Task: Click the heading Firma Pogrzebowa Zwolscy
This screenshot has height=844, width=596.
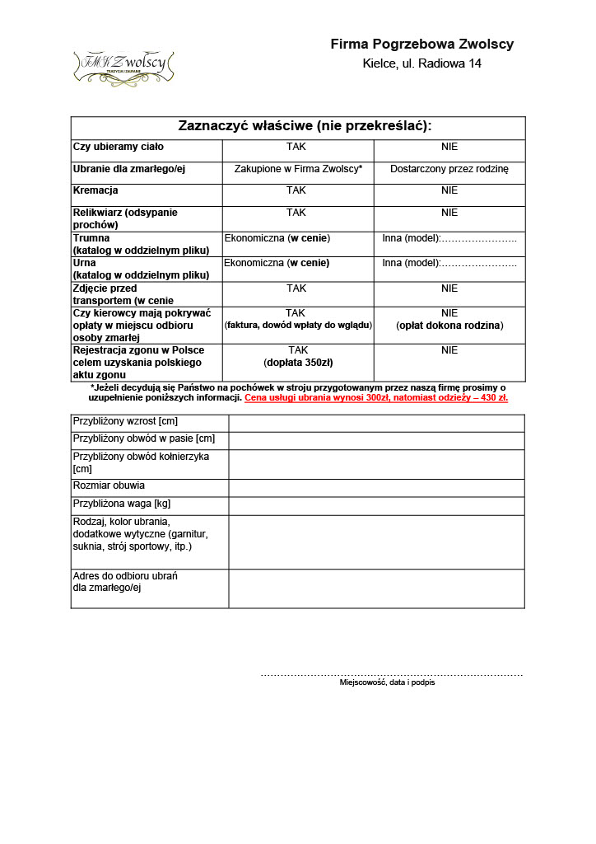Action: [x=421, y=45]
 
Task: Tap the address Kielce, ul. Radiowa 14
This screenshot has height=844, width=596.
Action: [x=421, y=63]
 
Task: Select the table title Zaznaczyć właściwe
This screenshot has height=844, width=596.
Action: [x=305, y=126]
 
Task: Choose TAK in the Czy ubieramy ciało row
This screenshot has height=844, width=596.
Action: [x=296, y=147]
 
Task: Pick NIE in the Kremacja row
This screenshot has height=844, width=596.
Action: [x=449, y=190]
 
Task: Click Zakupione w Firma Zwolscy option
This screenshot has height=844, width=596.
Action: [x=298, y=169]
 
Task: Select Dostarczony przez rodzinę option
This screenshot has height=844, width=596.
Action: [x=449, y=169]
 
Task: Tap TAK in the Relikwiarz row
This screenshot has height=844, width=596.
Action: [x=296, y=213]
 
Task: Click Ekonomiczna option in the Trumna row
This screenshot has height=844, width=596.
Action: [x=277, y=239]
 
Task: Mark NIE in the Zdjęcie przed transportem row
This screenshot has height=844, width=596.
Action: [x=449, y=288]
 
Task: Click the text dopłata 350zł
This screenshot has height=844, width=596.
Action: [x=297, y=363]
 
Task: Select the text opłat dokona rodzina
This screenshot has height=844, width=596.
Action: [x=449, y=326]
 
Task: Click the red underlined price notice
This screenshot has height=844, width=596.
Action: [x=376, y=397]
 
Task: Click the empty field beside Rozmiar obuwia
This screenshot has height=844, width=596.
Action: [x=376, y=487]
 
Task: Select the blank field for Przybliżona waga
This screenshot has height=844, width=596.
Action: [x=376, y=505]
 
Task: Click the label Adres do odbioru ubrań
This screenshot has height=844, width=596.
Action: [x=125, y=576]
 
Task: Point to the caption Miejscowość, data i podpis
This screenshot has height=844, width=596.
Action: [x=387, y=682]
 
